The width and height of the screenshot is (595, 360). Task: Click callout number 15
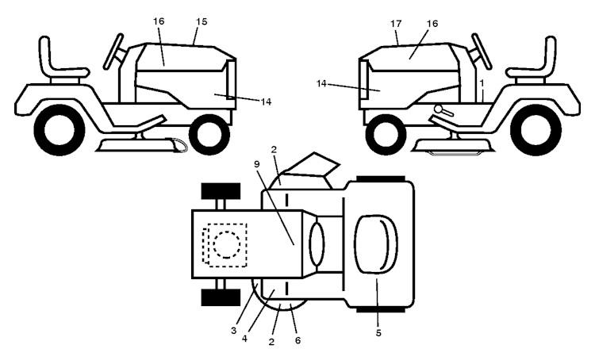pyautogui.click(x=202, y=21)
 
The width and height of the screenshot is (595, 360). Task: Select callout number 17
pyautogui.click(x=396, y=24)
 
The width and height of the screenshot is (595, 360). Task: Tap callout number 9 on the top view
pyautogui.click(x=257, y=164)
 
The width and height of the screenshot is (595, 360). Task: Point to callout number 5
pyautogui.click(x=378, y=333)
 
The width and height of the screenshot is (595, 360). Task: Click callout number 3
pyautogui.click(x=233, y=331)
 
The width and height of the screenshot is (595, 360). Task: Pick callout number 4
pyautogui.click(x=244, y=338)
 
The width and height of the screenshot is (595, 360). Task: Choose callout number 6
pyautogui.click(x=297, y=340)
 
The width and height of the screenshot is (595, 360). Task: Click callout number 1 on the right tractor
pyautogui.click(x=482, y=82)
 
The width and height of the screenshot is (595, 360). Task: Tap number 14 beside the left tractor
pyautogui.click(x=266, y=101)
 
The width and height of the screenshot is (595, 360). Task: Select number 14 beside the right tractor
pyautogui.click(x=321, y=83)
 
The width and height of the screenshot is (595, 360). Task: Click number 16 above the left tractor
pyautogui.click(x=159, y=21)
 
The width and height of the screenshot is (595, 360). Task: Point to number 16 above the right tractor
pyautogui.click(x=432, y=24)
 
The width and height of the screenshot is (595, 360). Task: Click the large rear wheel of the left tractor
pyautogui.click(x=59, y=130)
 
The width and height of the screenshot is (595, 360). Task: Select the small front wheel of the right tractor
pyautogui.click(x=386, y=134)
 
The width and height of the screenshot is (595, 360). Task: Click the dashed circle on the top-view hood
pyautogui.click(x=227, y=245)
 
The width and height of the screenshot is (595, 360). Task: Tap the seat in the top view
pyautogui.click(x=376, y=244)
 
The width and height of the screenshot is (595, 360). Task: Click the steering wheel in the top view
pyautogui.click(x=317, y=245)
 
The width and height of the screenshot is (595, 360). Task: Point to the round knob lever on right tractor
pyautogui.click(x=443, y=110)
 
